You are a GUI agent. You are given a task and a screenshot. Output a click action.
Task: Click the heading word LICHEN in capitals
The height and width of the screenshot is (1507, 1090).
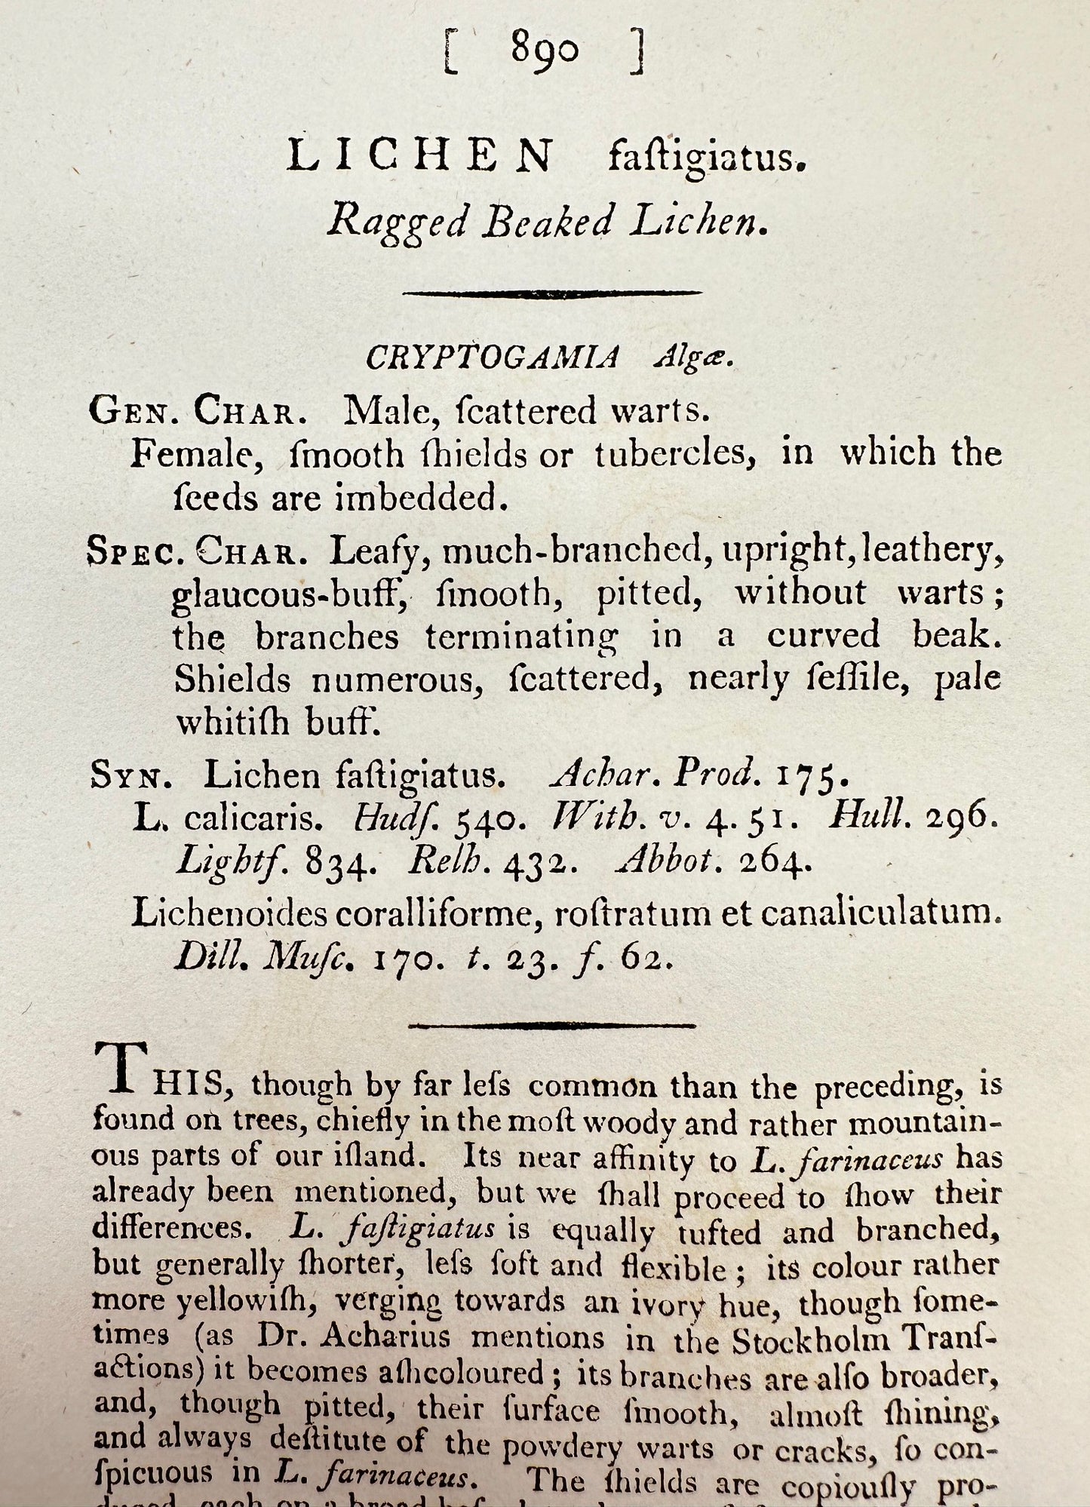pyautogui.click(x=420, y=157)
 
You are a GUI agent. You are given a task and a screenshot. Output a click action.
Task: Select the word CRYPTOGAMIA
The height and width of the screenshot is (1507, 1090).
pyautogui.click(x=493, y=358)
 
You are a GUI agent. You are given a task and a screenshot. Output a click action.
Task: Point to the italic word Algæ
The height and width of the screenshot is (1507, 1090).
pyautogui.click(x=692, y=358)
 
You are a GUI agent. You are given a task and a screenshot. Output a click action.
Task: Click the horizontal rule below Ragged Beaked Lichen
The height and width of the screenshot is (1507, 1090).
pyautogui.click(x=552, y=293)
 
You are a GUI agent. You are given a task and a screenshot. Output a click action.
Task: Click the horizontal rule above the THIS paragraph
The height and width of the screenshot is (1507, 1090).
pyautogui.click(x=551, y=1026)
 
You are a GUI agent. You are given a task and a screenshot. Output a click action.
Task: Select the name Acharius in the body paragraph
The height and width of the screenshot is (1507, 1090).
pyautogui.click(x=385, y=1337)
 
